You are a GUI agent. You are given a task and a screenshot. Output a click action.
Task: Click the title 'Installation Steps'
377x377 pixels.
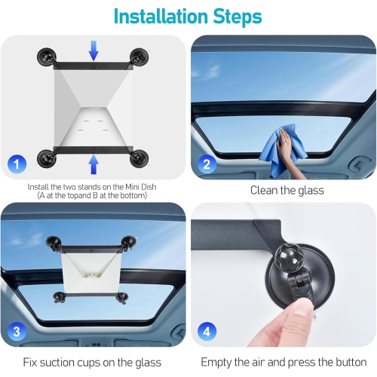[x=188, y=16]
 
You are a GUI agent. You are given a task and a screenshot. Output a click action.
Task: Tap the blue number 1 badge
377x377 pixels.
[x=17, y=162]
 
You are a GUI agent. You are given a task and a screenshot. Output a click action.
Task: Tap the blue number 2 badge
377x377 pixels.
[x=207, y=162]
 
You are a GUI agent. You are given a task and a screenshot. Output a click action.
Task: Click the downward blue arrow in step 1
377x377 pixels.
[x=93, y=51]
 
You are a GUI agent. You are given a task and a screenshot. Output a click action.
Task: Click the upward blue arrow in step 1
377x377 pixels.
[x=93, y=163]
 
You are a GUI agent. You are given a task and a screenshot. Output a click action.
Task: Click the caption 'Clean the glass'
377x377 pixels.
[x=287, y=191]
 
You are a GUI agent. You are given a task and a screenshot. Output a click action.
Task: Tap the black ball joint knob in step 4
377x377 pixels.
[x=290, y=260]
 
